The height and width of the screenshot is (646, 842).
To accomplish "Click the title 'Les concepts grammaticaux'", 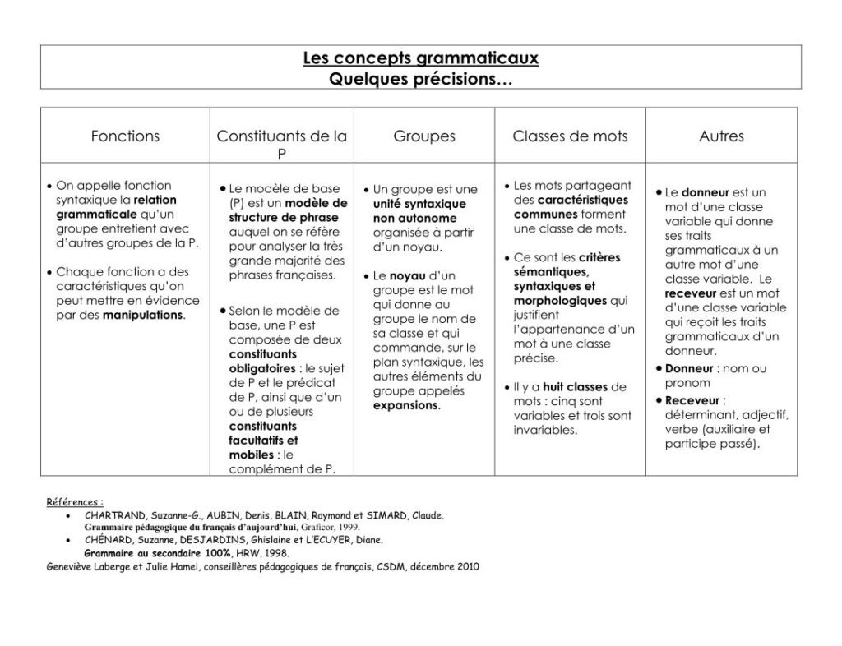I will (420, 58).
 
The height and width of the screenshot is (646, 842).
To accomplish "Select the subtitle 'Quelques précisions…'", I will (420, 78).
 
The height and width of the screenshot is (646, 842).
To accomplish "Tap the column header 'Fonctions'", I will (126, 136).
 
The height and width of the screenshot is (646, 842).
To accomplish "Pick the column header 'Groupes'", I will (424, 136).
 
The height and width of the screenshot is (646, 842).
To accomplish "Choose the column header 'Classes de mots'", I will (570, 136).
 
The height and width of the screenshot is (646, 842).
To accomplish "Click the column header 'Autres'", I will (721, 136).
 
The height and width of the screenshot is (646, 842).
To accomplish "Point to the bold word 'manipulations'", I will (144, 316).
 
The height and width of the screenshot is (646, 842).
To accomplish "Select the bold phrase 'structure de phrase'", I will (272, 217).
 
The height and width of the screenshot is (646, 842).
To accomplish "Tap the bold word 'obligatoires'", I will (261, 367).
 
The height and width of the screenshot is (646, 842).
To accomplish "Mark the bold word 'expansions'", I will (406, 405).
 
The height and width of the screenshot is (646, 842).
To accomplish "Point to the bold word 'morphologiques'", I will (560, 301).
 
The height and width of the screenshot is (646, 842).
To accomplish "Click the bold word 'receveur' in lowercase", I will (692, 293).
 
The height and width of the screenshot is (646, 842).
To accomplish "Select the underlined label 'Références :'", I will (75, 501).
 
